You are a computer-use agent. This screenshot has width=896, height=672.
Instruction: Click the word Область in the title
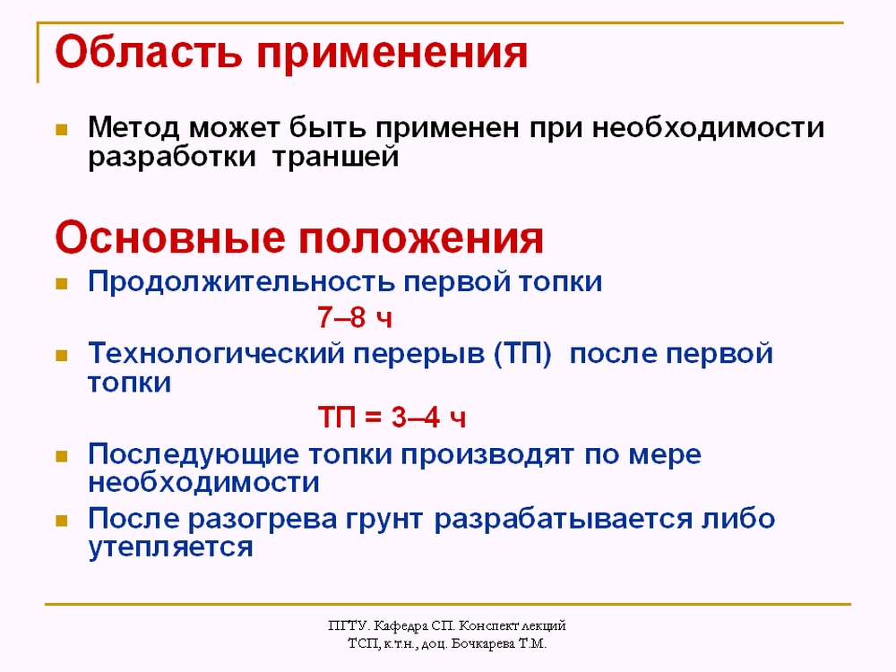point(149,52)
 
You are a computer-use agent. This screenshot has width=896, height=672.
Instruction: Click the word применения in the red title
point(392,56)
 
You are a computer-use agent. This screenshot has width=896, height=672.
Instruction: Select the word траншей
point(335,157)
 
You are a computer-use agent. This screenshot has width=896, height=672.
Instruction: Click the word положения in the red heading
point(421,240)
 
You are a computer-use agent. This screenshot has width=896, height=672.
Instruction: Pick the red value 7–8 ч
point(355,317)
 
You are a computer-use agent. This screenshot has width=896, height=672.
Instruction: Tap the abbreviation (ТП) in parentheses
point(523,354)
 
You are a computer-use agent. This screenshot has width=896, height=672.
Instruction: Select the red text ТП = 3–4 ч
point(392,418)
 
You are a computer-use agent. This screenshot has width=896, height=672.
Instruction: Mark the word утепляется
point(170,547)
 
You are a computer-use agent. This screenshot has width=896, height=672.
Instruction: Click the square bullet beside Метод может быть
point(61,130)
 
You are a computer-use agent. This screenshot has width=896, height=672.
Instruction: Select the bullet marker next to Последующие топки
point(61,456)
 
